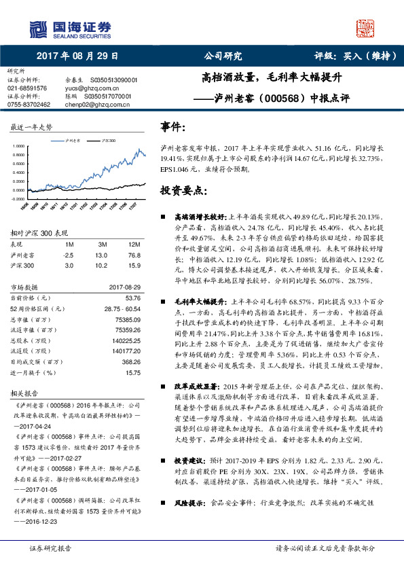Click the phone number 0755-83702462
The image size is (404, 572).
[29, 105]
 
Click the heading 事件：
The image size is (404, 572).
[173, 127]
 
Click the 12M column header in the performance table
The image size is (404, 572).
[134, 244]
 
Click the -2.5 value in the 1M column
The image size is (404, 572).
[69, 255]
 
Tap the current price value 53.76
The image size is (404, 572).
[132, 298]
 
